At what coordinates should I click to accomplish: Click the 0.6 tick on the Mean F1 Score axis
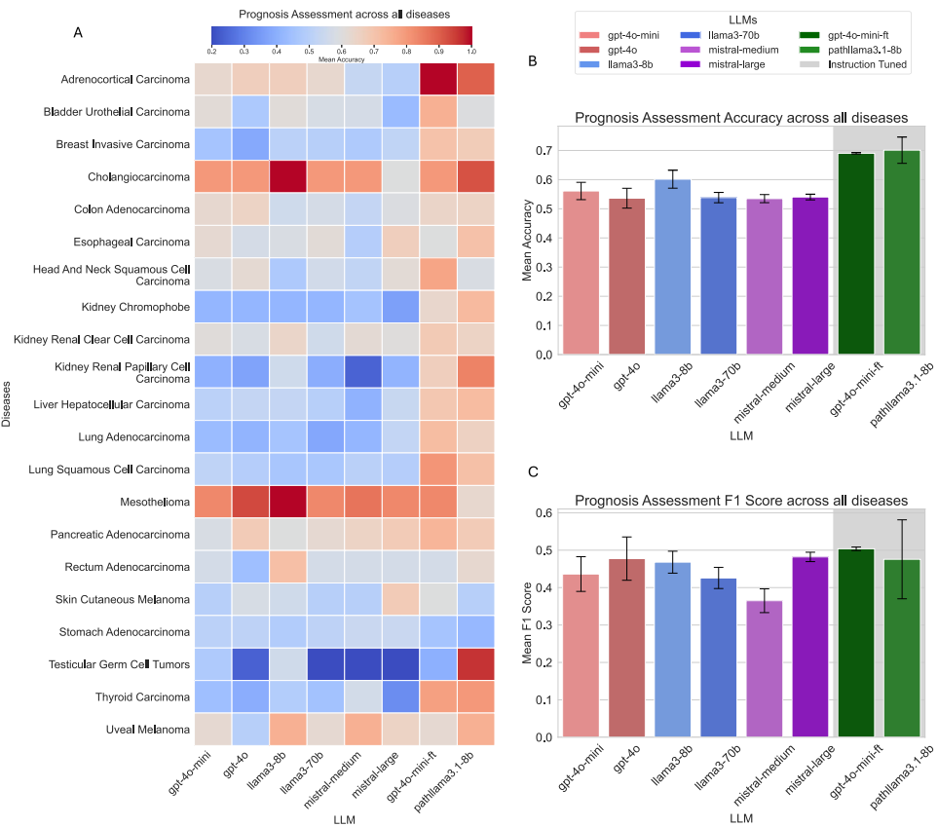[546, 513]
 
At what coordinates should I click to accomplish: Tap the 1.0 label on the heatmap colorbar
[471, 50]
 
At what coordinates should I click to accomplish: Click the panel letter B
[532, 60]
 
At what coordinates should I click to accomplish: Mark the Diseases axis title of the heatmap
[8, 404]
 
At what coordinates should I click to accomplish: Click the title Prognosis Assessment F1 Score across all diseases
[741, 501]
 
